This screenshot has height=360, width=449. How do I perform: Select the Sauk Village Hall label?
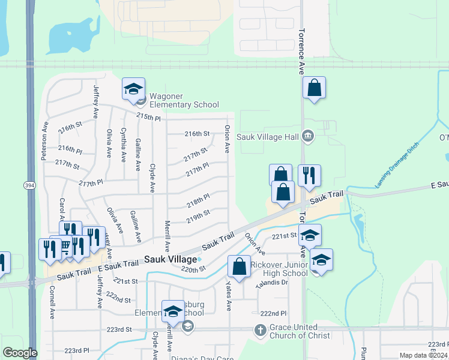click(268, 137)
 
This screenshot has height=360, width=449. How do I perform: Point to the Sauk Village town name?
click(170, 259)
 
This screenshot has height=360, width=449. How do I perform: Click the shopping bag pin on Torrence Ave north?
click(314, 89)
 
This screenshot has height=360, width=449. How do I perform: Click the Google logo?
click(20, 353)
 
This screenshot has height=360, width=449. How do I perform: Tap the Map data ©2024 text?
click(423, 355)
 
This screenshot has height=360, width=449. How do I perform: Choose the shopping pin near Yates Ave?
click(240, 268)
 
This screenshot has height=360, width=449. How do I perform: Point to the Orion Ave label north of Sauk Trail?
click(228, 138)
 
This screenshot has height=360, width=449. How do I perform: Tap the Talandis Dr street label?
click(274, 283)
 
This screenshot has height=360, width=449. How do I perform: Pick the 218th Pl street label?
click(197, 198)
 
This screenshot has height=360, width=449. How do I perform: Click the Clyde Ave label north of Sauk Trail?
click(152, 178)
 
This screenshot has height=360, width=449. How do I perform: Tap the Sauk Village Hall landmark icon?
click(307, 136)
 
